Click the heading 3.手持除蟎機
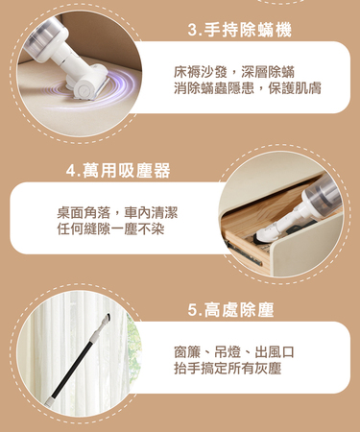pos(240,31)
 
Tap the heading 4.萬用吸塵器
pos(118,170)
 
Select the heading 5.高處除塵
pos(230,310)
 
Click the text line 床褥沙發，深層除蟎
pos(234,72)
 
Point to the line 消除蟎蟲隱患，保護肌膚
pos(248,88)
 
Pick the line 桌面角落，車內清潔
pos(117,213)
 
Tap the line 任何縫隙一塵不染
pos(110,229)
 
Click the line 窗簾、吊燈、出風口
pos(234,352)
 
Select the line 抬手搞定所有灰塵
pos(228,369)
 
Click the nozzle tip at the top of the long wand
pos(107,318)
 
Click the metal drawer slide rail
pos(244,253)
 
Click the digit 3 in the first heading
pos(193,31)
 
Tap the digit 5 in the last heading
pos(193,310)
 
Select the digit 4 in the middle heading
pos(71,171)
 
